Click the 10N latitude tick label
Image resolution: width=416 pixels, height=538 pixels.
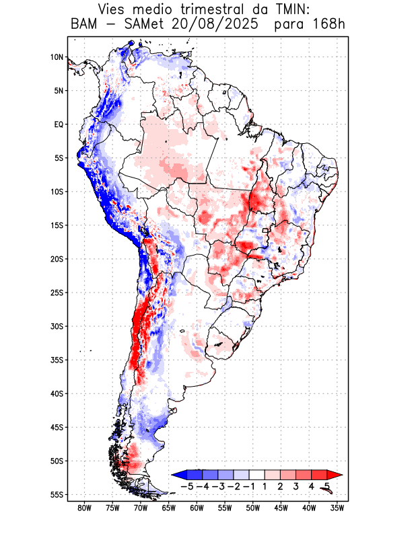56,57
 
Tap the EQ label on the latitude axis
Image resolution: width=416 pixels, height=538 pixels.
58,124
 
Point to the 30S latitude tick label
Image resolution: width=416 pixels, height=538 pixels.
56,326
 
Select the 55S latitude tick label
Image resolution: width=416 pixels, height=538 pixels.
56,495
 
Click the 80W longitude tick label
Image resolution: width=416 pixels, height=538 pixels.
85,508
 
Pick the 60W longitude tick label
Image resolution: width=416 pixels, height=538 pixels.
197,508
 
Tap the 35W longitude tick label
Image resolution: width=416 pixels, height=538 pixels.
337,508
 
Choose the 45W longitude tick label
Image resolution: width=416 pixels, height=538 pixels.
281,508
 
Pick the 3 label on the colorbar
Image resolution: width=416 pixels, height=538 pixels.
296,486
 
